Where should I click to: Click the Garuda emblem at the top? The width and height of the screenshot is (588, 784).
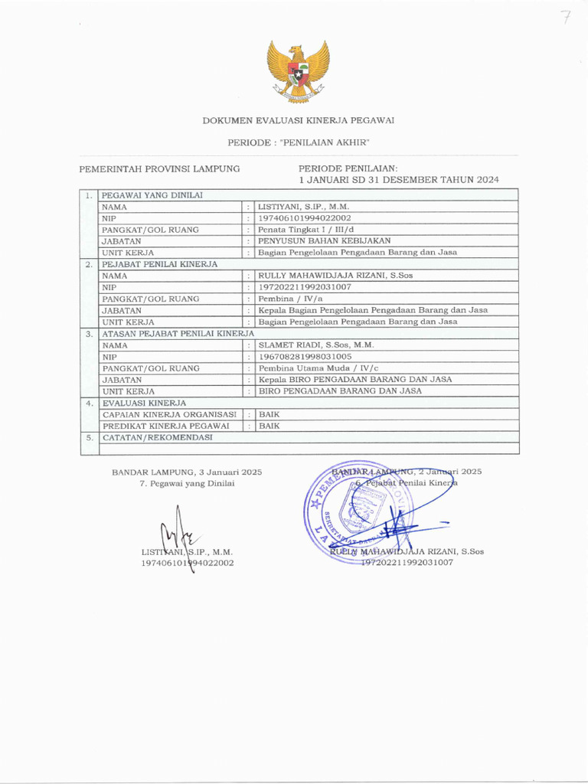[x=298, y=70]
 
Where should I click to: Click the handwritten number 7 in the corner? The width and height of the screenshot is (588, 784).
[x=566, y=18]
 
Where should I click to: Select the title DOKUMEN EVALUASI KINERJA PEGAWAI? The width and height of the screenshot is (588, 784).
[x=299, y=121]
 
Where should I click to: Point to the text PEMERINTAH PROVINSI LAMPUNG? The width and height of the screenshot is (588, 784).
[x=160, y=168]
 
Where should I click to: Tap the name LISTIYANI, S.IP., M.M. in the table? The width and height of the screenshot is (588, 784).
[x=305, y=207]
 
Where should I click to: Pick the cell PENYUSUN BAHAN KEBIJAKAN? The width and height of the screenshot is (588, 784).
[x=325, y=241]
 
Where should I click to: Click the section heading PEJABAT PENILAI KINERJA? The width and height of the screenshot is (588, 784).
[x=160, y=264]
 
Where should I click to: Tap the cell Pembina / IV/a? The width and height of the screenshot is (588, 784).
[x=291, y=299]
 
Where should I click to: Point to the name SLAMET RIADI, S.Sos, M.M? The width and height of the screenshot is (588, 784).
[x=315, y=345]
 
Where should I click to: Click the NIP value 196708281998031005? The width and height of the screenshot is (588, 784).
[x=305, y=357]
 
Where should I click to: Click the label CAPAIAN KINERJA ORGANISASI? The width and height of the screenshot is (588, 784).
[x=169, y=414]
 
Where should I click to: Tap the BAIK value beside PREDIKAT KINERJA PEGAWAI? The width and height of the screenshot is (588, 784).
[x=269, y=426]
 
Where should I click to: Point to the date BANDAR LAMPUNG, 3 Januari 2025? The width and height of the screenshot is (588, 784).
[x=187, y=472]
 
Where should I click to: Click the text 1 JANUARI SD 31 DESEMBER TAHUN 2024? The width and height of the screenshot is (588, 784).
[x=398, y=180]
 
